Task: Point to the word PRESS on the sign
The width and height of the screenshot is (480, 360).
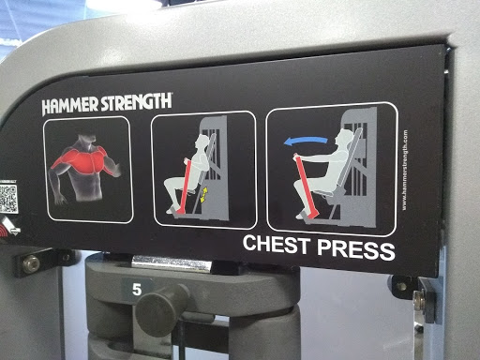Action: [357, 248]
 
